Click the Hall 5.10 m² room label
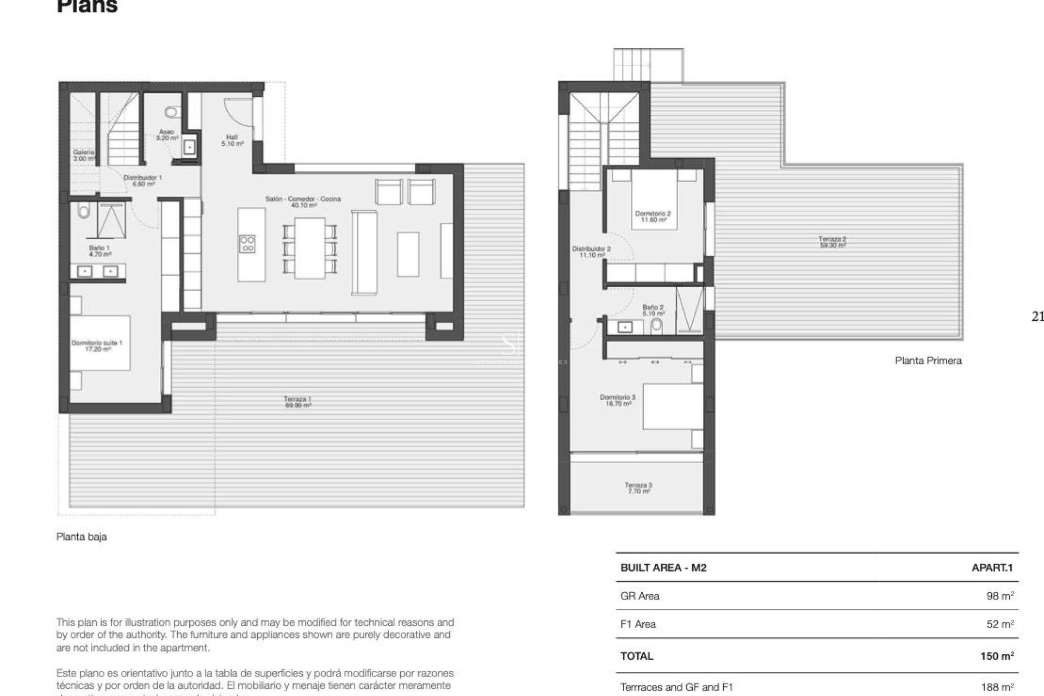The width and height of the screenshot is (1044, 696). point(232,140)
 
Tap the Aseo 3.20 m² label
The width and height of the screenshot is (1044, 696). point(167,135)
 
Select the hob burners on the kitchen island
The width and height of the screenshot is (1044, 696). point(247,244)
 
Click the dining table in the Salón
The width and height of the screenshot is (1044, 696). point(309,247)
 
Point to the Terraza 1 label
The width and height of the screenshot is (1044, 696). point(297,402)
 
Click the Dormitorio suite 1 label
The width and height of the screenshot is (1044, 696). point(97,346)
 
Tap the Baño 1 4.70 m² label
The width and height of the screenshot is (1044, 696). point(100,251)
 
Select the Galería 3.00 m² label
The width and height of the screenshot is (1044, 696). point(84,156)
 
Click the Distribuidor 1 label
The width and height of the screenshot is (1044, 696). point(142,181)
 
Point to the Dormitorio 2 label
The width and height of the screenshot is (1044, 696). point(652,216)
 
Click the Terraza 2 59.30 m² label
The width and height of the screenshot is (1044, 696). point(832,242)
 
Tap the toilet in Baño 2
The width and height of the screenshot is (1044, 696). point(657,326)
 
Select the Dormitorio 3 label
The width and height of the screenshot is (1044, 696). point(618,400)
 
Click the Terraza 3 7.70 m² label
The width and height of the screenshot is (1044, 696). point(638,488)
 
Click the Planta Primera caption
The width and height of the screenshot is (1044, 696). point(928,361)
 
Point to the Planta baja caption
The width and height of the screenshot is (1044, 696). point(82,537)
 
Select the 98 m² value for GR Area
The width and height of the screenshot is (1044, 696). point(999,596)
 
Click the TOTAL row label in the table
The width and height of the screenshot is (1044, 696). point(637,656)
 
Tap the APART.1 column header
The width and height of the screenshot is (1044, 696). point(992,568)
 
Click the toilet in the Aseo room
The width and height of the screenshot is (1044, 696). point(171,113)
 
